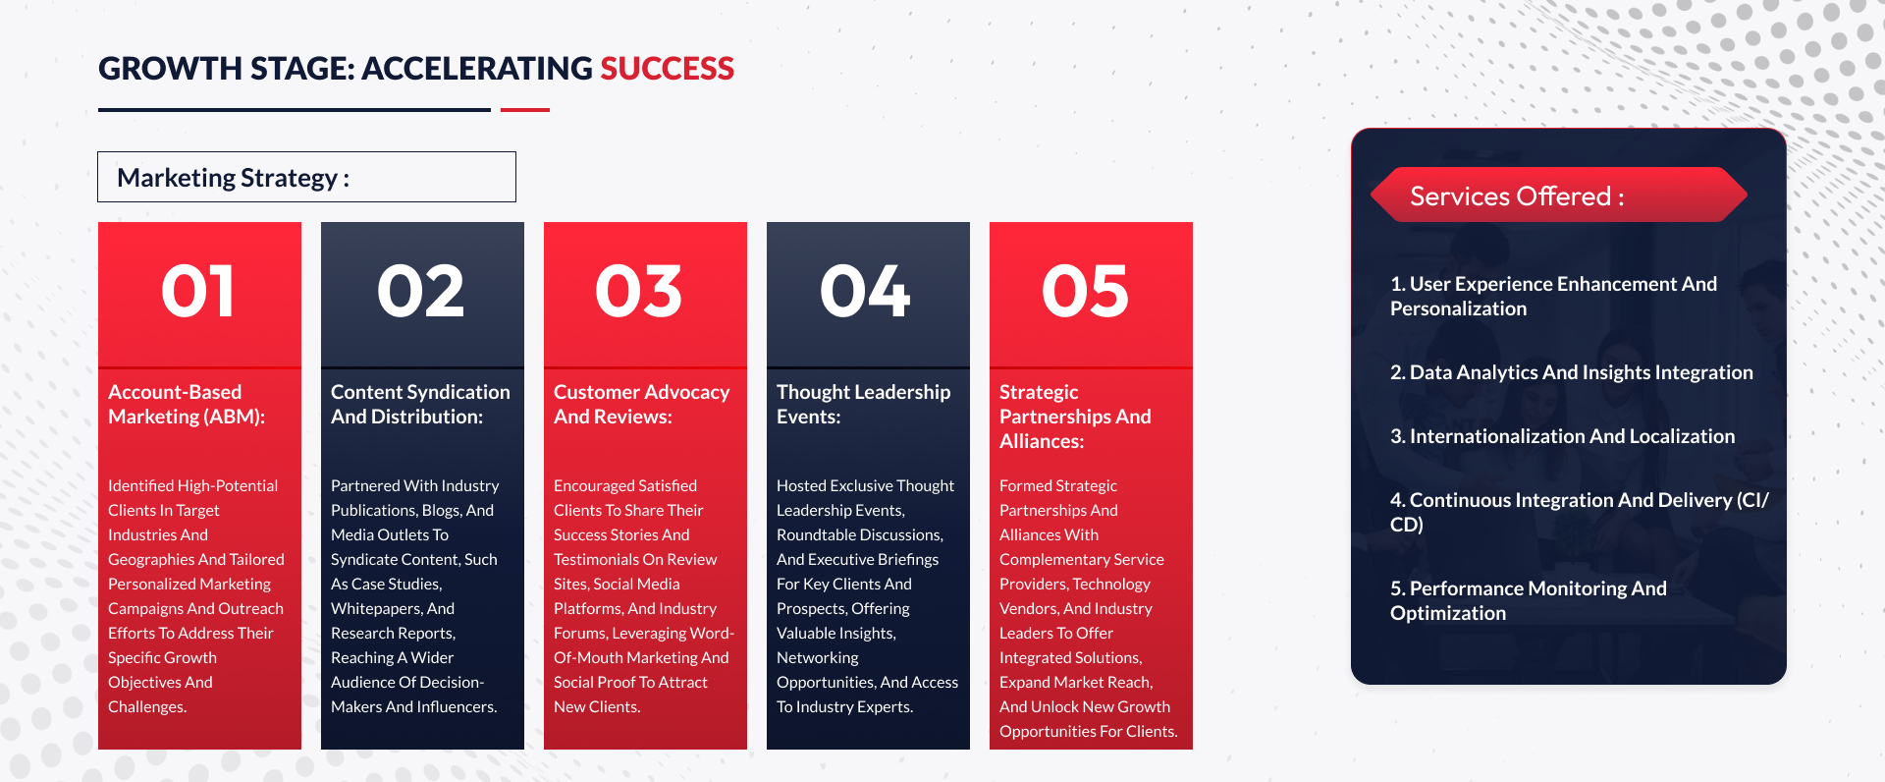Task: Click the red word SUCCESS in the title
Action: tap(667, 69)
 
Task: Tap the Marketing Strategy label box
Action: tap(306, 177)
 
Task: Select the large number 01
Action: tap(198, 292)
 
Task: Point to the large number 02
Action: tap(421, 292)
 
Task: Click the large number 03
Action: tap(639, 292)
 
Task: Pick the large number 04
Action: tap(866, 292)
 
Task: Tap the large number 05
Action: tap(1086, 292)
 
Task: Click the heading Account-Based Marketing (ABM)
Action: tap(187, 404)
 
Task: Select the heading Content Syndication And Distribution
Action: tap(420, 404)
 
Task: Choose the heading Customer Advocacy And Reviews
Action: tap(641, 404)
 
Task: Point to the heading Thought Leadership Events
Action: tap(863, 404)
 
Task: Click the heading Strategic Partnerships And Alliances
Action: tap(1075, 417)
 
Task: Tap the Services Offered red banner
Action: tap(1559, 195)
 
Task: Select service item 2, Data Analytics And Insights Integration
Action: tap(1571, 372)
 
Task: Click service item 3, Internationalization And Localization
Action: tap(1562, 436)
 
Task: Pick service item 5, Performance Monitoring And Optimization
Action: tap(1529, 600)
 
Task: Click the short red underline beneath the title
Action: tap(525, 110)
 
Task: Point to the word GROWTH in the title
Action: tap(170, 69)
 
